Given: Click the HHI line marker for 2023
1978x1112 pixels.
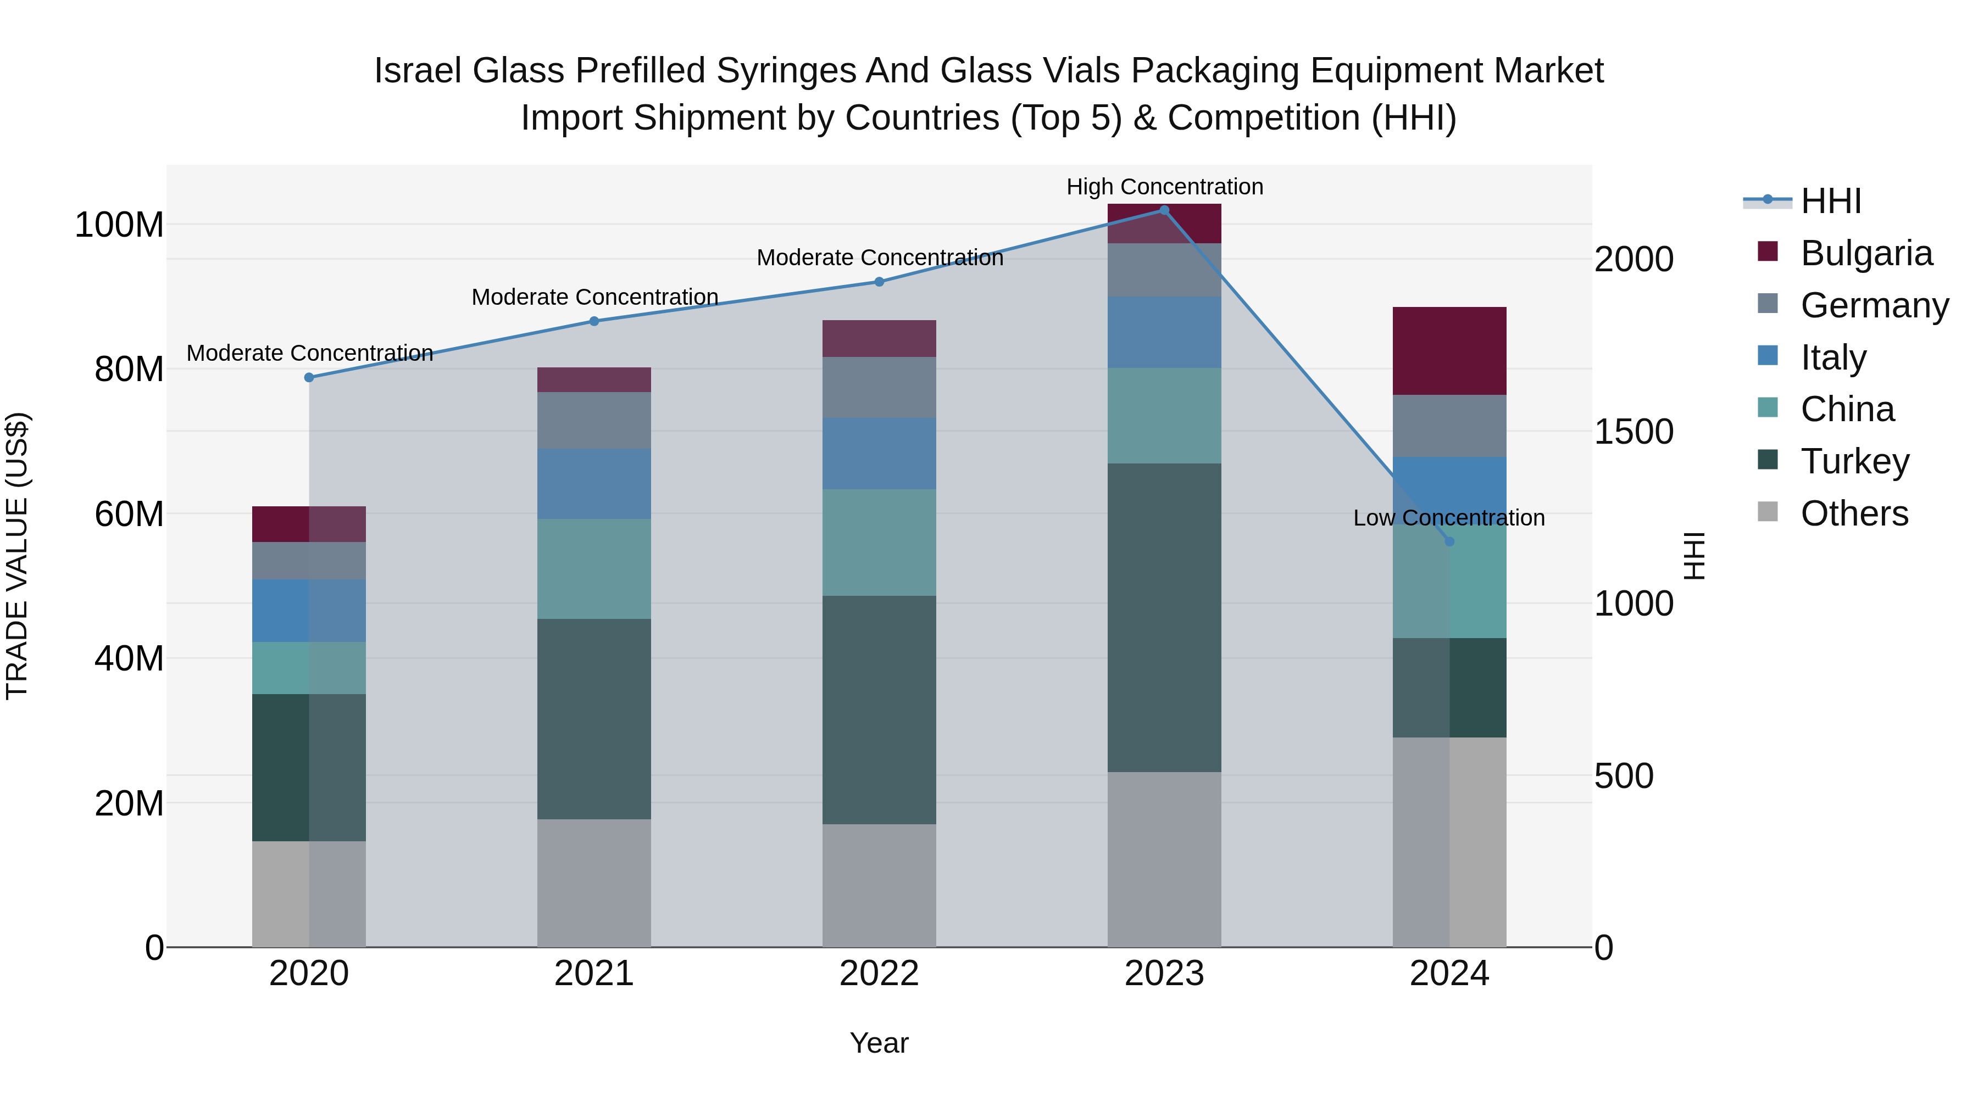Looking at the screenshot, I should pos(1164,210).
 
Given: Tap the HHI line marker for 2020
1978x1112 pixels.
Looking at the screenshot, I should pos(309,378).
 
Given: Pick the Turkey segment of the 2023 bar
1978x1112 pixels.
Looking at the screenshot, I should pos(1164,618).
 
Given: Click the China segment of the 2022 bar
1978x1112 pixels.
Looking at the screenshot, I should pos(879,543).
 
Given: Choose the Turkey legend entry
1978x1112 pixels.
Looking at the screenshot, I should pos(1854,461).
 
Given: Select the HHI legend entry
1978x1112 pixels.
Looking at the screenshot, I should pos(1831,201).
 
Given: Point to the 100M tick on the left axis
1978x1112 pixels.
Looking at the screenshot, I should pos(119,225).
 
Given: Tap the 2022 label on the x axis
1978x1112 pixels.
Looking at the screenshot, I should pos(879,974).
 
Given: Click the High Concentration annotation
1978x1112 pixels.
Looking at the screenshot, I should pos(1164,187).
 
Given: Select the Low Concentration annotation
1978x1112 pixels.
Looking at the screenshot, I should pos(1449,518).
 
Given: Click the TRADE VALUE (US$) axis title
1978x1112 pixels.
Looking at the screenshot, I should pos(17,556).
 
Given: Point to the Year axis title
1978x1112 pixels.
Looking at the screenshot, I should pos(879,1043).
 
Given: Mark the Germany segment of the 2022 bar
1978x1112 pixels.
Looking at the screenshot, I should pos(879,388).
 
